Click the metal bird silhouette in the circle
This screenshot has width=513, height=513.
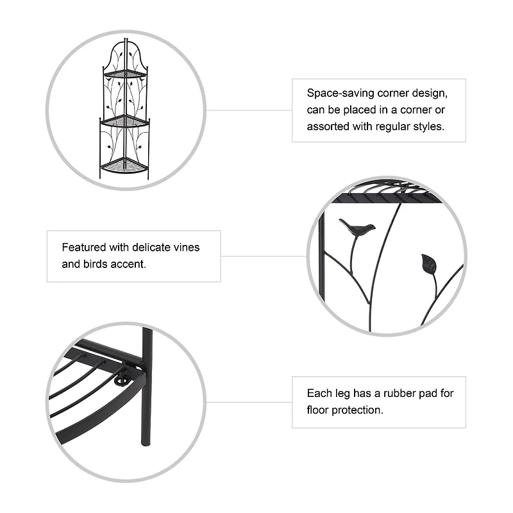point(357,228)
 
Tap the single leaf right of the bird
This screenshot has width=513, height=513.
point(428,264)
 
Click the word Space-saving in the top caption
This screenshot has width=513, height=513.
point(336,93)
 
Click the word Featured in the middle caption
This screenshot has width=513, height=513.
point(83,247)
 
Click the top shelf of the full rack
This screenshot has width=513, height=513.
point(125,74)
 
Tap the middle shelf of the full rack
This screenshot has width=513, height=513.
point(124,120)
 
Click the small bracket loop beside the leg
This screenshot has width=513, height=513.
point(121,382)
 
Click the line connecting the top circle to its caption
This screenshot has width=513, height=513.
point(250,110)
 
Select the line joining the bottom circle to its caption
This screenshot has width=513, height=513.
point(250,402)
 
